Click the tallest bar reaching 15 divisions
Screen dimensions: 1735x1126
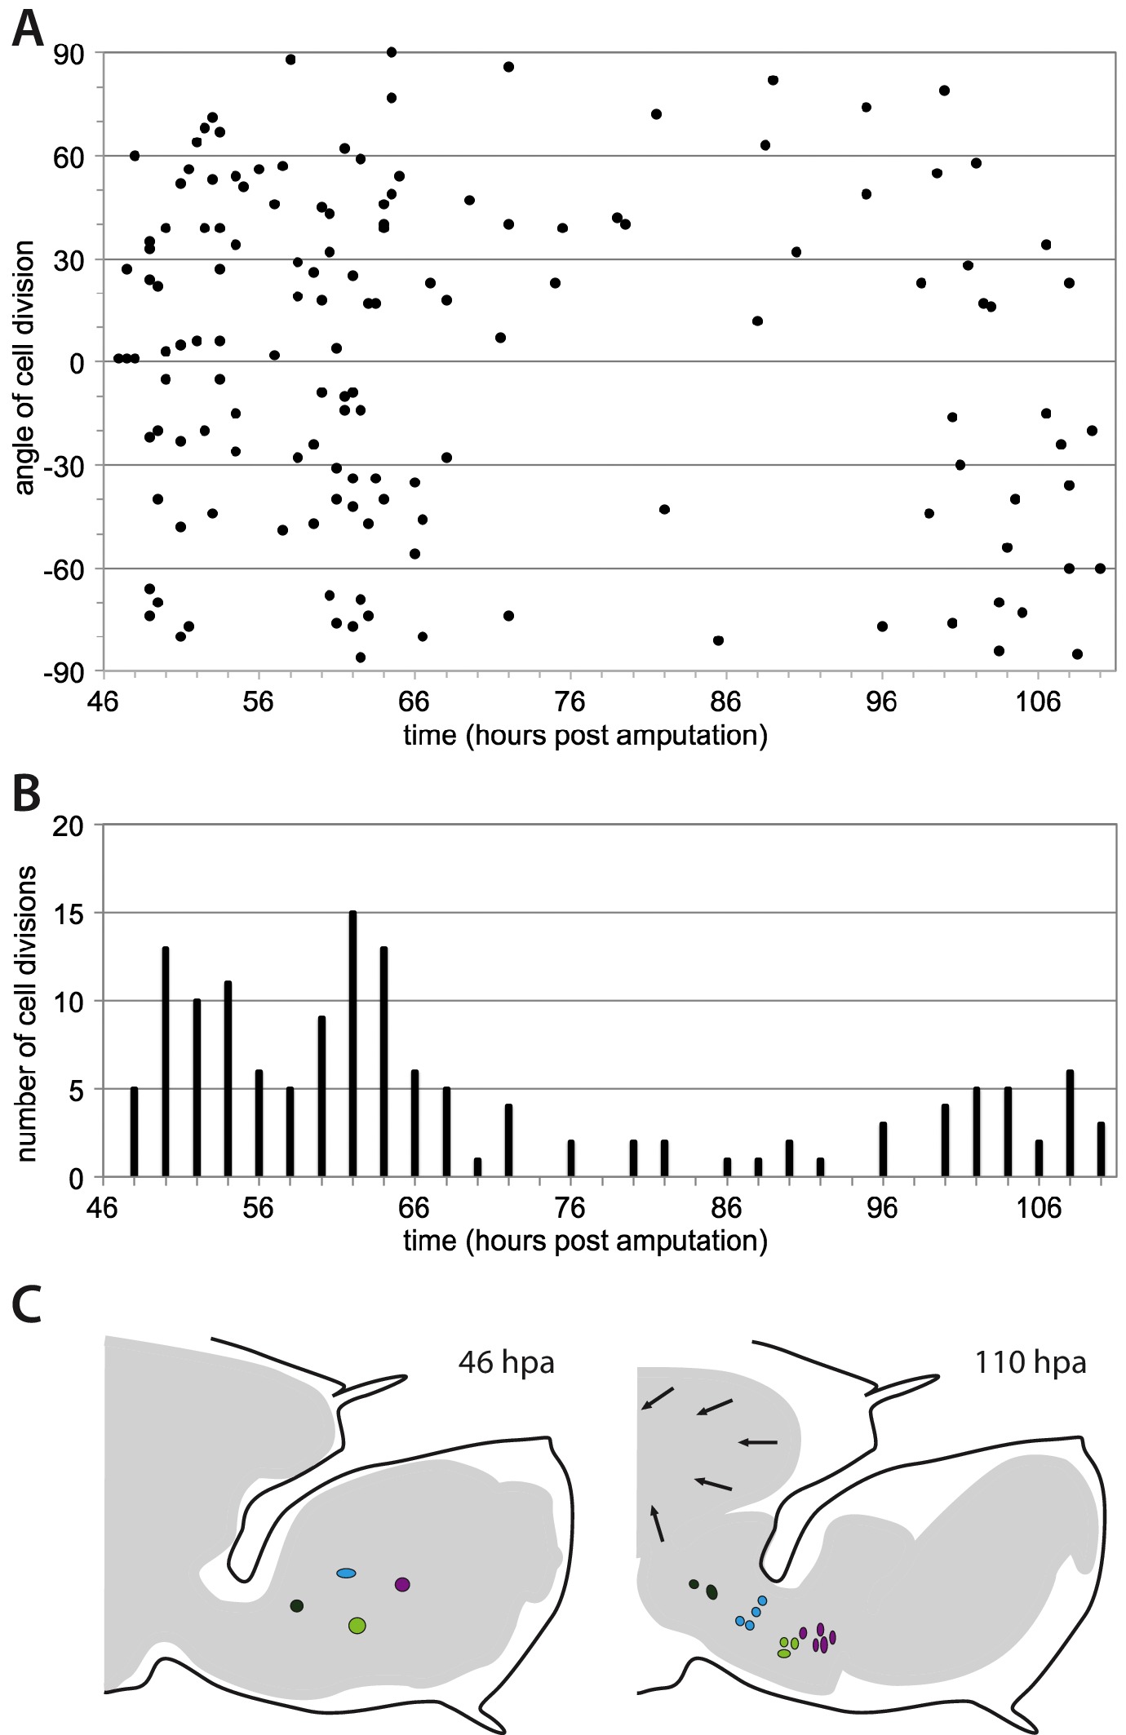352,1044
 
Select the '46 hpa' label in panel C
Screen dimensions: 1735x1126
506,1362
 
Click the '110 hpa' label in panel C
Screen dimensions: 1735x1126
1030,1362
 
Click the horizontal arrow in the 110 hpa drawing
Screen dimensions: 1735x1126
757,1442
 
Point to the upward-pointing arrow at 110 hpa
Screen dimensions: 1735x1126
657,1523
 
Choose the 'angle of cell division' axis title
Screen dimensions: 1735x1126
26,367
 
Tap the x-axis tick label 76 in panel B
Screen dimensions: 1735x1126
570,1207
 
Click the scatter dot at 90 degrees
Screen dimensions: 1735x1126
391,52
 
